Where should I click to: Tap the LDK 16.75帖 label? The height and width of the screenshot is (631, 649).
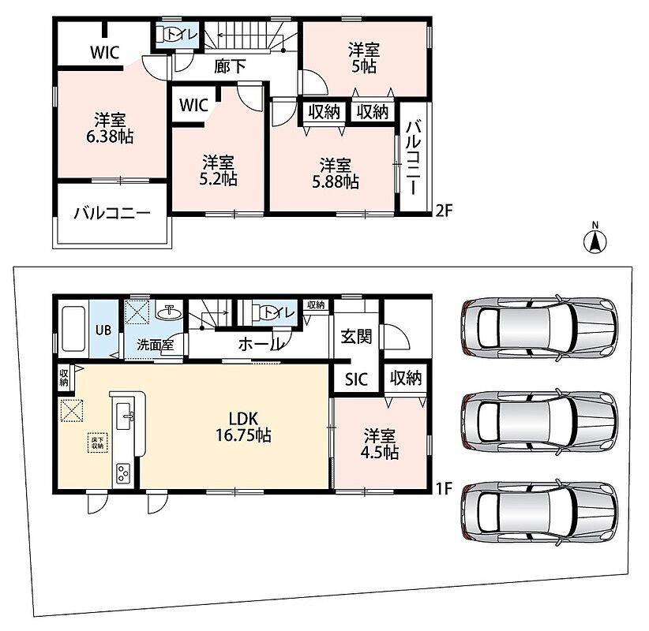pos(243,427)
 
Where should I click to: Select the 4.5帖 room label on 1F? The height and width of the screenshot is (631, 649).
pos(380,444)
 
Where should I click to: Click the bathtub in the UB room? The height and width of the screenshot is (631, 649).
pos(73,329)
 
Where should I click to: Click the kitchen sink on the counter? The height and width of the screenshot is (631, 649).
pos(125,416)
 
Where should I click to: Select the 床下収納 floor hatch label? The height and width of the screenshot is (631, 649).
pos(98,442)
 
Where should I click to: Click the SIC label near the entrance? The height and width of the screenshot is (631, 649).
pos(356,379)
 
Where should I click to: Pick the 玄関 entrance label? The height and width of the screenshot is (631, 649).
pos(356,337)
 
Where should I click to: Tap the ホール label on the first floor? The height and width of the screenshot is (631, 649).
pos(261,344)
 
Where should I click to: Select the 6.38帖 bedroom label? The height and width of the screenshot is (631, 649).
pos(110,129)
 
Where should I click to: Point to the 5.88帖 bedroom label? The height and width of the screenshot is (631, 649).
pos(336,174)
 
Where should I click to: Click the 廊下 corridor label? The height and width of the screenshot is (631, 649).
pos(230,66)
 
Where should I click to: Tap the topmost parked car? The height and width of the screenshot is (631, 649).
pos(539,326)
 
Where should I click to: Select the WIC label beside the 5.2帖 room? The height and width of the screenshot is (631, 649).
pos(193,106)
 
